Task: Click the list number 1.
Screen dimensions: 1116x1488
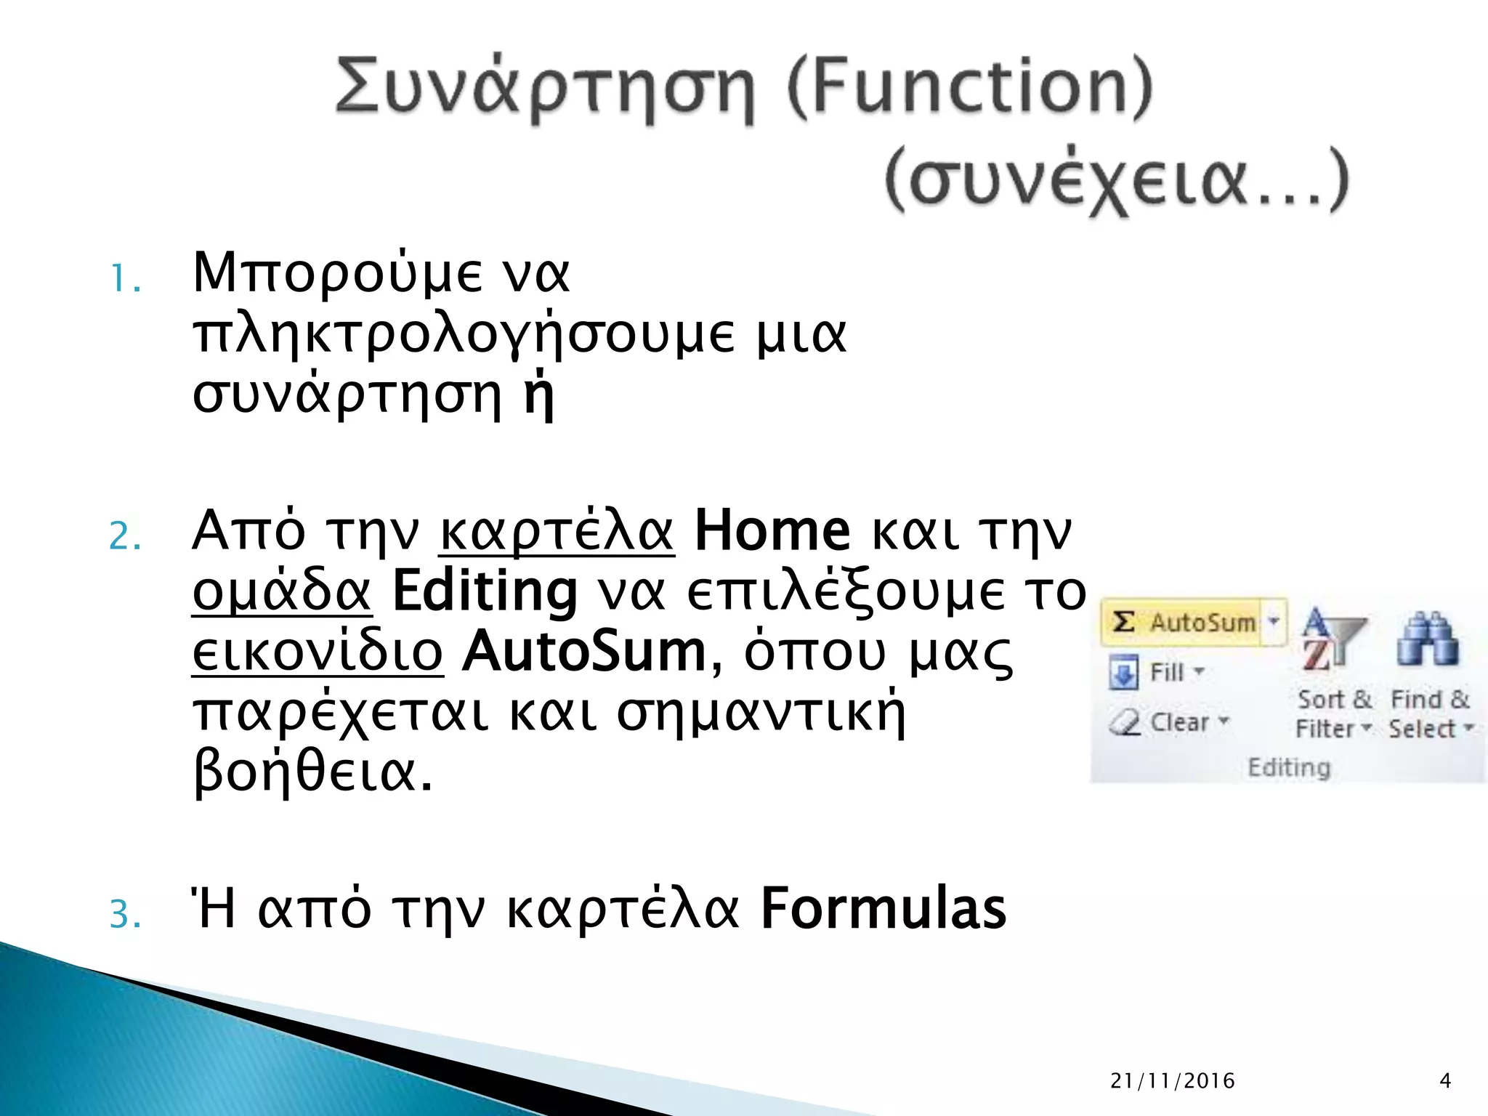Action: (124, 279)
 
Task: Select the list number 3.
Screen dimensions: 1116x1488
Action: (124, 915)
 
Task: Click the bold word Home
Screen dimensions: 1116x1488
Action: (772, 530)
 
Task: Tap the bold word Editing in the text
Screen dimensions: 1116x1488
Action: (485, 591)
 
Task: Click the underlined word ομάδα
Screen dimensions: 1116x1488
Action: (282, 591)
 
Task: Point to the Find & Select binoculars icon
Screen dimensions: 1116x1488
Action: (1427, 639)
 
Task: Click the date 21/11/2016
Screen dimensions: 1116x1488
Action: (1173, 1081)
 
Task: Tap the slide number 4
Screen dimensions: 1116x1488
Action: (1445, 1081)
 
